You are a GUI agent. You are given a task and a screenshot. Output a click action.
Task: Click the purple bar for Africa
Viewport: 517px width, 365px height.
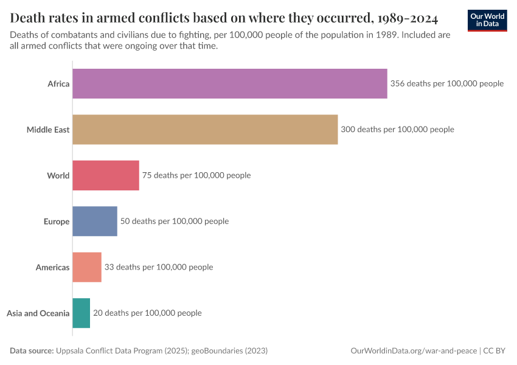tap(229, 83)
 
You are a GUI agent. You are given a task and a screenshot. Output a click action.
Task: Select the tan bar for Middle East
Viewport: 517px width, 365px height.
tap(205, 130)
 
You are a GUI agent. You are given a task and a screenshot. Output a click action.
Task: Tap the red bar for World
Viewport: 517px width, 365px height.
tap(106, 175)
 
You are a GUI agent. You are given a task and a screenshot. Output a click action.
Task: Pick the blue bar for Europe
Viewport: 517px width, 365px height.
tap(95, 221)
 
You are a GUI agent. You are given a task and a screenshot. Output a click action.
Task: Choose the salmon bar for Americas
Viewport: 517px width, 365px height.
tap(87, 267)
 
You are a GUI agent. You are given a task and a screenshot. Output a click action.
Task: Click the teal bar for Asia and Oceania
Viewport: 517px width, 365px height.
tap(81, 313)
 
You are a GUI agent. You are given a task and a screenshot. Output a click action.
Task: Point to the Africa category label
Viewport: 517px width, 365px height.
tap(58, 84)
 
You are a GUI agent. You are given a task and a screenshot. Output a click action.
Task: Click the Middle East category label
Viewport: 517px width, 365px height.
tap(48, 130)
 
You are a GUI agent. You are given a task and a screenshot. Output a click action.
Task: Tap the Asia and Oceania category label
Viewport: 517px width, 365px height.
tap(38, 313)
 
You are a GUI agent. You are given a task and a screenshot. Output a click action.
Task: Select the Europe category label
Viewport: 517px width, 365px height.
tap(57, 221)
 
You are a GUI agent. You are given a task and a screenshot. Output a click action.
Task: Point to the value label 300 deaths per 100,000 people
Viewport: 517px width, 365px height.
tap(397, 130)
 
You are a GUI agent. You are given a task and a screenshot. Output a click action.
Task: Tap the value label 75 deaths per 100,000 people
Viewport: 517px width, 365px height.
tap(196, 175)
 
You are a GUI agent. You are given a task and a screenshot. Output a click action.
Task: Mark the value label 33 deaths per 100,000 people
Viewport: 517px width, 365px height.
tap(159, 267)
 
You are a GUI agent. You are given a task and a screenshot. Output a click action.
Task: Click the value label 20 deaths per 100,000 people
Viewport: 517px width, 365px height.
tap(147, 313)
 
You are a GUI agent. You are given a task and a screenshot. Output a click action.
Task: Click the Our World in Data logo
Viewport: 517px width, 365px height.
tap(487, 20)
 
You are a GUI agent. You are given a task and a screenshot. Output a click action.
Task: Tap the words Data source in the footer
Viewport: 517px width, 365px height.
tap(32, 351)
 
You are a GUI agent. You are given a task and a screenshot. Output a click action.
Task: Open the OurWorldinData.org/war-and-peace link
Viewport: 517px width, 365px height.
tap(414, 351)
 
